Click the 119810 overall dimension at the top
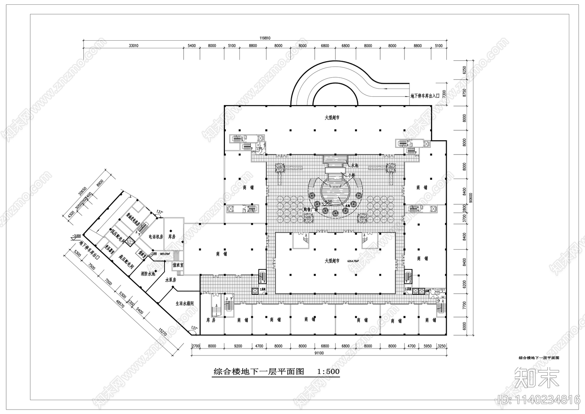(265, 38)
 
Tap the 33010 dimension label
(133, 46)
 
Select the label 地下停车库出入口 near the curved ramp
(425, 96)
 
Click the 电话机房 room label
(155, 237)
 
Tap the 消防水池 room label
(148, 273)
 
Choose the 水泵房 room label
(171, 280)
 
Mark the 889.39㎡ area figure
(160, 253)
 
